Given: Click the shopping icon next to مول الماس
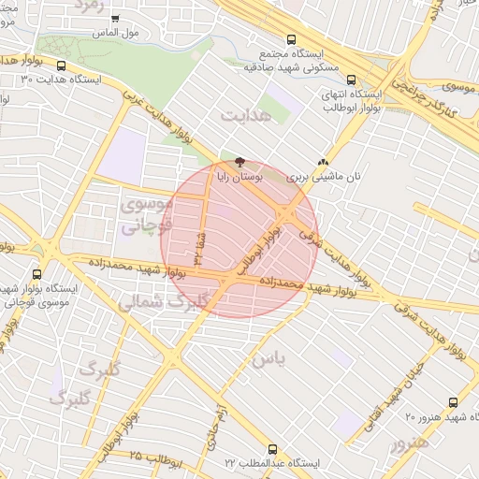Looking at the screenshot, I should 115,18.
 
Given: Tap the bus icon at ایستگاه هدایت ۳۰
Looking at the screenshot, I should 62,66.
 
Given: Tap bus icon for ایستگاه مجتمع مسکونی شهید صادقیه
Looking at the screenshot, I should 292,40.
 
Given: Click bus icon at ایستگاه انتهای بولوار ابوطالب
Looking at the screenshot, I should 351,80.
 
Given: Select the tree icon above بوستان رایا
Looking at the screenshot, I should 241,162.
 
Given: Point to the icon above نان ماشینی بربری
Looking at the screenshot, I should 324,162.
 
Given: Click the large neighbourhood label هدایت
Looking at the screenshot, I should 246,114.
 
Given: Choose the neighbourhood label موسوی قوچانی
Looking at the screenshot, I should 148,213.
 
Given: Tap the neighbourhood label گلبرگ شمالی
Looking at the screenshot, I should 161,301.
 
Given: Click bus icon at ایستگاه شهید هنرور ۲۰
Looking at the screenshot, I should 453,400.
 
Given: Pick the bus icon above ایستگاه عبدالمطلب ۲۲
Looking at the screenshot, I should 272,449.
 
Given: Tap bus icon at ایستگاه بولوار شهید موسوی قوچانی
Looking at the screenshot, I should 36,274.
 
